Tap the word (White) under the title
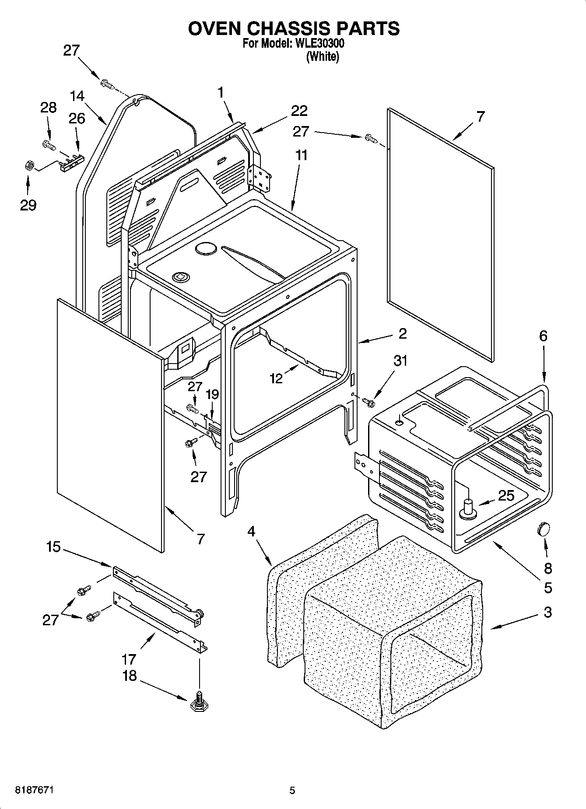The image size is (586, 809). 323,57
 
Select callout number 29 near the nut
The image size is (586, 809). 28,205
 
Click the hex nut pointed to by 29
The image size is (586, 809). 28,166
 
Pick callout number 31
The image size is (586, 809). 400,361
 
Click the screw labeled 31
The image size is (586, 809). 369,401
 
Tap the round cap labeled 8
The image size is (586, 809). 542,529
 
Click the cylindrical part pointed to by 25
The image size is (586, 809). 469,508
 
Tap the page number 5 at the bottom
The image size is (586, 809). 292,790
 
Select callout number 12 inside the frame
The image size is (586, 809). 277,378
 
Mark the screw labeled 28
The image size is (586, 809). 48,144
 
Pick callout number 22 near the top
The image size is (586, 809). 299,111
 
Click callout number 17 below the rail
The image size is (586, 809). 130,658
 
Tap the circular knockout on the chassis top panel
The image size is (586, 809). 206,249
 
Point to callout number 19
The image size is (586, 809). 212,394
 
